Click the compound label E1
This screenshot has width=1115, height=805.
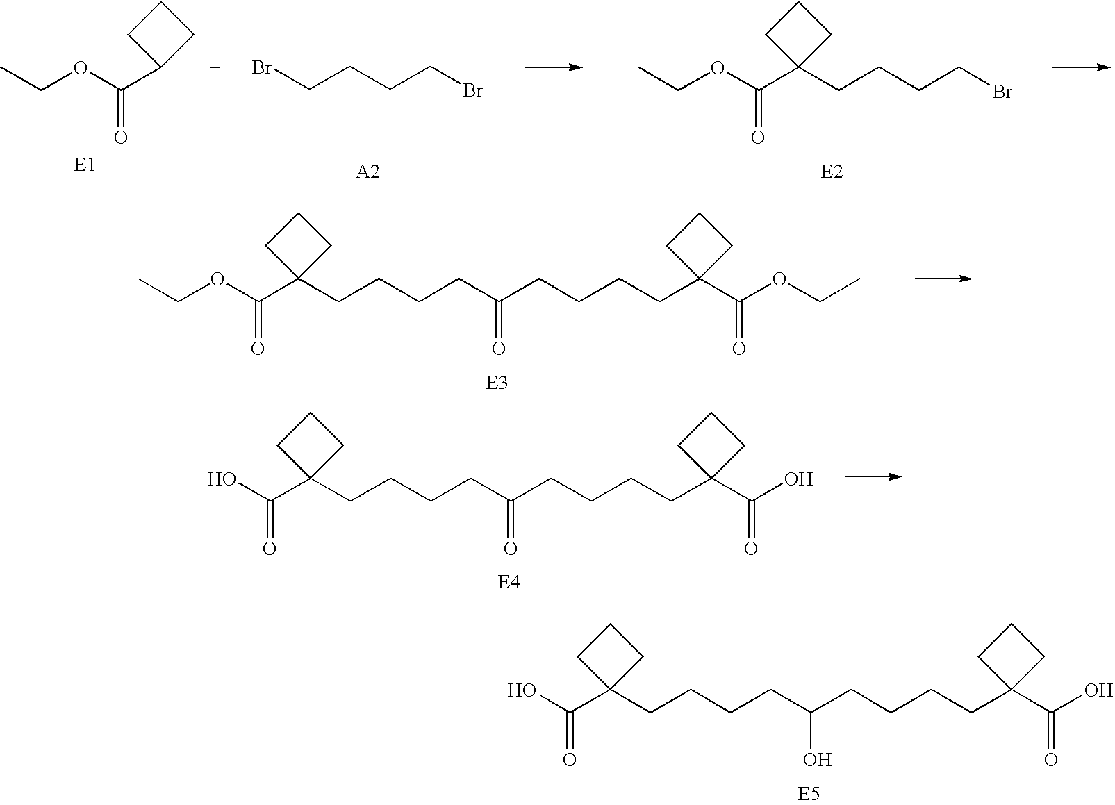click(x=84, y=165)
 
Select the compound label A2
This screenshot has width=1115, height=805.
click(x=367, y=172)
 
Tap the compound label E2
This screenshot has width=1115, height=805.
click(x=832, y=172)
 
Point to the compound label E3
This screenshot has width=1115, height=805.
click(x=497, y=383)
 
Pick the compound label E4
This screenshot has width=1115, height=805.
click(x=509, y=581)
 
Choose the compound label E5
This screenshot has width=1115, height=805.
click(x=809, y=794)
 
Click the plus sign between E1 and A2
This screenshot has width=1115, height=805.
click(x=215, y=67)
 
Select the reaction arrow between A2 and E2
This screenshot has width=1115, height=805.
click(x=554, y=67)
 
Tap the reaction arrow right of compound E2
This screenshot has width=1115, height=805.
click(x=1081, y=67)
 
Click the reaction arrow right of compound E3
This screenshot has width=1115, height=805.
click(x=944, y=279)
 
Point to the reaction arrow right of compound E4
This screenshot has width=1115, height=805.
click(x=873, y=477)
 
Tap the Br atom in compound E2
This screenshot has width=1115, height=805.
click(x=1002, y=92)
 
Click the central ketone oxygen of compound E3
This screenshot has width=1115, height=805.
click(x=498, y=348)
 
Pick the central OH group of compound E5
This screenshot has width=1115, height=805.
click(x=818, y=760)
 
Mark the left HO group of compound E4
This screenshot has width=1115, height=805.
click(x=222, y=480)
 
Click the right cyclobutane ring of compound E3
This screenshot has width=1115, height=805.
click(x=699, y=246)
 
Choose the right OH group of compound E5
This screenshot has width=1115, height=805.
click(x=1099, y=690)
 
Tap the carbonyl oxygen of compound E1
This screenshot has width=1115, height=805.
click(x=120, y=137)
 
